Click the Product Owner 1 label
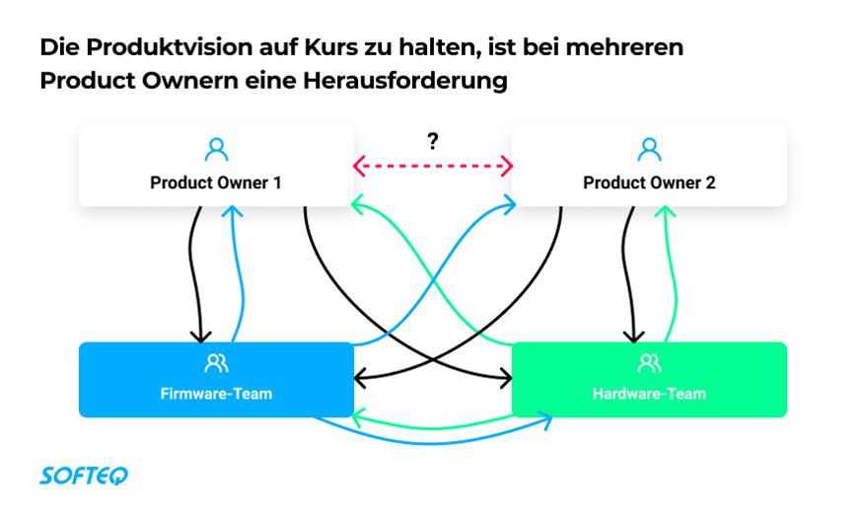[215, 183]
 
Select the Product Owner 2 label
[649, 183]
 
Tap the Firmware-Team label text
[216, 394]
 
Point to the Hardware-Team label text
[649, 394]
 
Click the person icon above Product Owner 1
[216, 150]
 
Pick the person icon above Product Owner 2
[649, 150]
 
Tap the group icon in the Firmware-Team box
[216, 363]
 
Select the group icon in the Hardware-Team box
[649, 363]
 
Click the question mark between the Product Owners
[432, 141]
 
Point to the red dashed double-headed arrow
[432, 166]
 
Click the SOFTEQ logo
[84, 476]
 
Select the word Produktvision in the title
[169, 47]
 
